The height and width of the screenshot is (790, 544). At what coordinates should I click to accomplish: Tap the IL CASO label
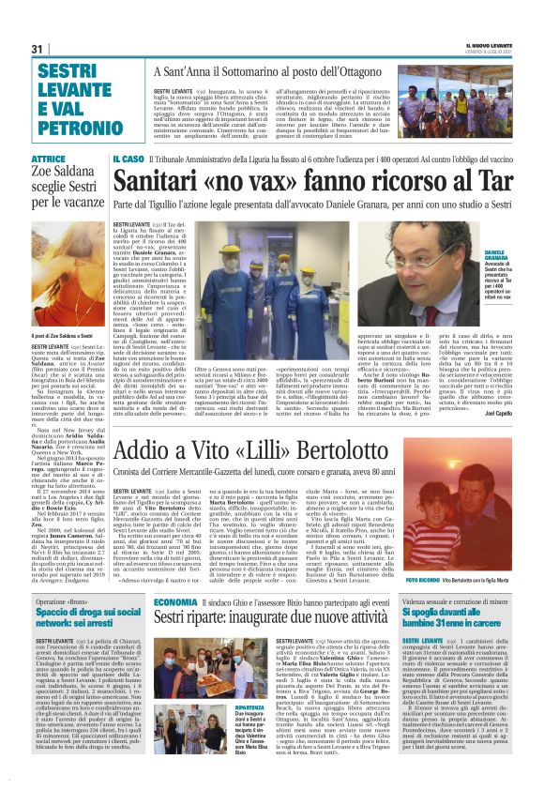128,160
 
